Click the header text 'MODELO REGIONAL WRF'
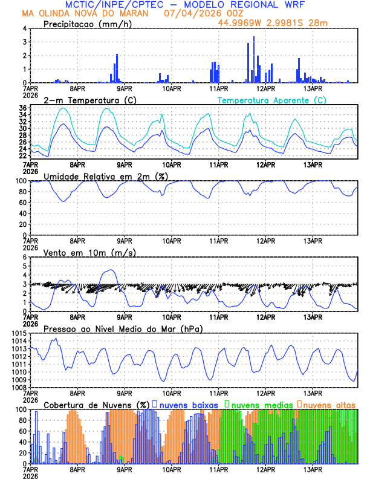coord(264,5)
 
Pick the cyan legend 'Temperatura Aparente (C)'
coord(271,100)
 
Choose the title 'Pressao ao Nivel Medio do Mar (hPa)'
coord(123,328)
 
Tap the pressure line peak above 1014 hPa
coord(56,339)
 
